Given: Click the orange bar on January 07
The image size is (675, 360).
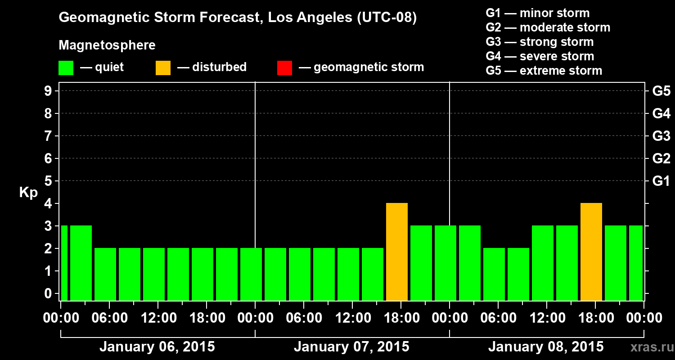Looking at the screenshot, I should coord(397,252).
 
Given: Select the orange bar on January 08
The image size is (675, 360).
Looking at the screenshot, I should coord(591,252).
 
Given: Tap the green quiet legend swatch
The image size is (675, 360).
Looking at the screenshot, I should coord(66,68).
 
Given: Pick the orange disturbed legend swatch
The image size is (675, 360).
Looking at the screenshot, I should coord(163,68).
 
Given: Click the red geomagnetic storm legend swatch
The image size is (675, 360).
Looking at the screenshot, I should coord(284,68).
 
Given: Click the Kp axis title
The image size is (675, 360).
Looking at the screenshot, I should coord(28,193).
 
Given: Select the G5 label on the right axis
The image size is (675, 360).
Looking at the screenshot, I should coord(661,91).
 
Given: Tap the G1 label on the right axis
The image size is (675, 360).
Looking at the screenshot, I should coord(661,181).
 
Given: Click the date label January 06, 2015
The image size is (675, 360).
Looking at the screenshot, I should coord(157,347).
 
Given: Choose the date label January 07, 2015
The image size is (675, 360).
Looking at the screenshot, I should coord(351,347).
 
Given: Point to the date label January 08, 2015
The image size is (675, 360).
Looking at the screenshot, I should coord(546,347).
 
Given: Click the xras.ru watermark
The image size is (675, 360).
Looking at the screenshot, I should coord(649,347).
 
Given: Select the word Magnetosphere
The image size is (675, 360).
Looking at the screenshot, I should coord(107,45).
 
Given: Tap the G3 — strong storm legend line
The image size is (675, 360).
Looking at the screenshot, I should coord(540,42).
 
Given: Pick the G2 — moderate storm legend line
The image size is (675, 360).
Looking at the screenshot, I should coord(548,27).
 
